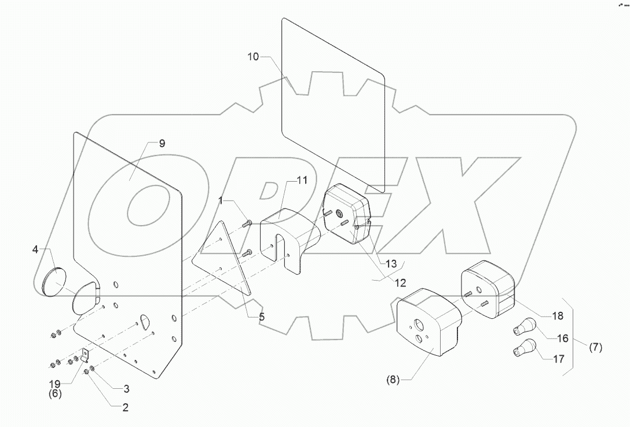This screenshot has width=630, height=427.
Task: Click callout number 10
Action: [x=254, y=57]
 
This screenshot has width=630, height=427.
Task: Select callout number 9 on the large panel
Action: [x=162, y=143]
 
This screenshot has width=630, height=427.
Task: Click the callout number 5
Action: [x=262, y=316]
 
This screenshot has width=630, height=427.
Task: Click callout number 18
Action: [x=557, y=316]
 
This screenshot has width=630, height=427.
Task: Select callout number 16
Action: [x=562, y=338]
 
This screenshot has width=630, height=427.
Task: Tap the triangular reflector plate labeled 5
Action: [x=223, y=260]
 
